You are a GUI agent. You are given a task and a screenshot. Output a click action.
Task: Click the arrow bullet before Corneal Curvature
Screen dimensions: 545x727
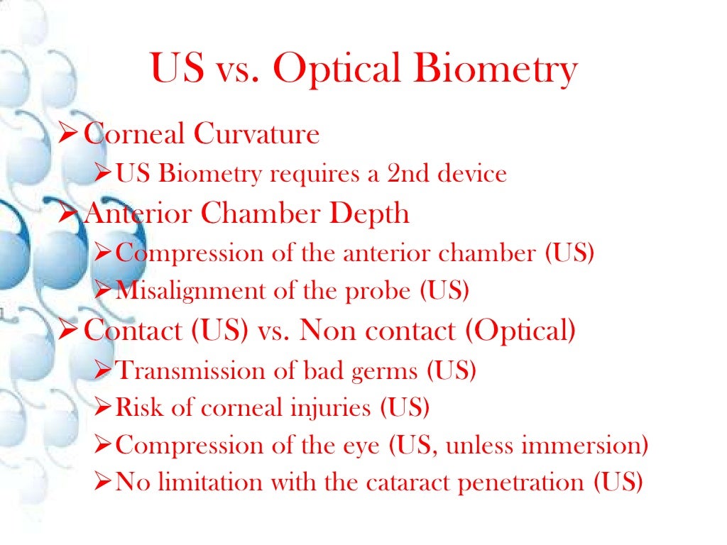pos(69,134)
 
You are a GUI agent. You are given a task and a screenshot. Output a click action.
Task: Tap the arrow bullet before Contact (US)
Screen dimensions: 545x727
pos(69,331)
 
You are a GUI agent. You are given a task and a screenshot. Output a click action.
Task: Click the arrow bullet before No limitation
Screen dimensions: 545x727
pos(102,484)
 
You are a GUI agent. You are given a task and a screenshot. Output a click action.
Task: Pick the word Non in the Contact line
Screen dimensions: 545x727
pos(326,331)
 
